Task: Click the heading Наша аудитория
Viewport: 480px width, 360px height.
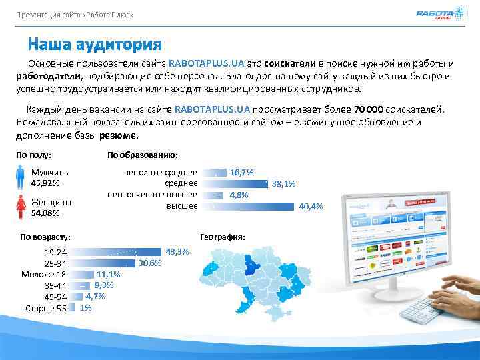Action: coord(95,45)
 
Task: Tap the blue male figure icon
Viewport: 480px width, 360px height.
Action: coord(21,177)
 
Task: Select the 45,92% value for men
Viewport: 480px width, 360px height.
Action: coord(45,183)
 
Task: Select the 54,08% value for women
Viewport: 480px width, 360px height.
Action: coord(45,213)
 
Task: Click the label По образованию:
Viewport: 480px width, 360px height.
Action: coord(142,155)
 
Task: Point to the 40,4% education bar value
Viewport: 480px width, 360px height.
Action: coord(311,207)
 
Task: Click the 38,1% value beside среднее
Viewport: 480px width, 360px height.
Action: coord(283,184)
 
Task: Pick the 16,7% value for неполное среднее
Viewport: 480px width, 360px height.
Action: coord(241,172)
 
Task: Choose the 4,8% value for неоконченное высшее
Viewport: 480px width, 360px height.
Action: coord(239,195)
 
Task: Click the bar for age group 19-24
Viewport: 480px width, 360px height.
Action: coord(117,252)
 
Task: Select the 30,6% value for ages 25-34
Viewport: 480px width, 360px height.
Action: coord(150,263)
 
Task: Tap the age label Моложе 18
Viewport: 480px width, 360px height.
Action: coord(43,274)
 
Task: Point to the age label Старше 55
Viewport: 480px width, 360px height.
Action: coord(45,308)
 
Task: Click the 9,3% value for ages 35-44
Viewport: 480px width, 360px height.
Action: coord(103,285)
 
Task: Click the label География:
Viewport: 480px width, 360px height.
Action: coord(223,237)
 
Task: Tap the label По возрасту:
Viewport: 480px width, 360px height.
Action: coord(45,237)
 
